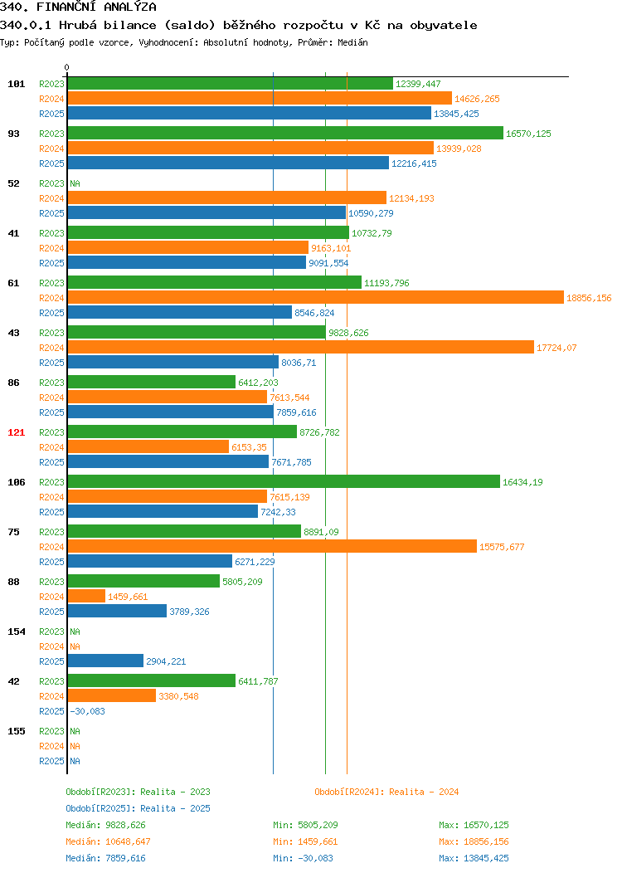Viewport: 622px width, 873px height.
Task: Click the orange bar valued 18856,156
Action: tap(316, 298)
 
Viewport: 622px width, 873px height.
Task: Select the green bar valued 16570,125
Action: tap(285, 133)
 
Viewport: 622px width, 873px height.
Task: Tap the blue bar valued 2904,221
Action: tap(105, 661)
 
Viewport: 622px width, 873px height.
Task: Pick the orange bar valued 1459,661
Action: tap(87, 597)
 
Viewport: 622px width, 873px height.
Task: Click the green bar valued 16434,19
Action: tap(284, 481)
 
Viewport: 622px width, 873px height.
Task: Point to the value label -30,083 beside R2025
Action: tap(87, 711)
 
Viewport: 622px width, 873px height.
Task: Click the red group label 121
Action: tap(16, 432)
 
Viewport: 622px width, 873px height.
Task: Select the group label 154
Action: tap(16, 632)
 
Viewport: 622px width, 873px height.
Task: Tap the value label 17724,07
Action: tap(556, 348)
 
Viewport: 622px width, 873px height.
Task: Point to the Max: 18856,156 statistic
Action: tap(474, 841)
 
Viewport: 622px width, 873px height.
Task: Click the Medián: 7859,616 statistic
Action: tap(105, 858)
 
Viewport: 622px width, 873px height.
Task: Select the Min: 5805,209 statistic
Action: tap(305, 825)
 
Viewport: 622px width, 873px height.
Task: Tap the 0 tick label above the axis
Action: tap(67, 67)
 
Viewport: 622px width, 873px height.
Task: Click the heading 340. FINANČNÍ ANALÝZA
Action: tap(78, 7)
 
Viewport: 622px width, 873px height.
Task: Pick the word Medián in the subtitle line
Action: tap(352, 42)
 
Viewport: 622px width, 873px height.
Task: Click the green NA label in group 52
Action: tap(75, 183)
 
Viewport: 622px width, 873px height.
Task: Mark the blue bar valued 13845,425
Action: tap(250, 113)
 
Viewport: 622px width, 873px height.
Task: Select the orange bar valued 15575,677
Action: tap(272, 546)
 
